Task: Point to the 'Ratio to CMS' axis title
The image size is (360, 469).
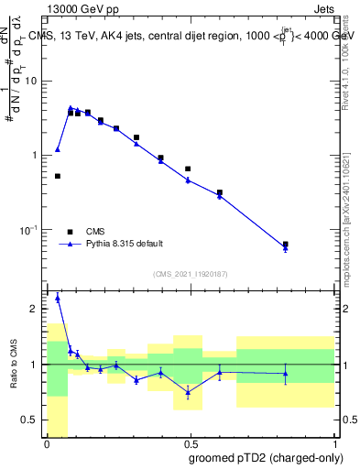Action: [x=14, y=365]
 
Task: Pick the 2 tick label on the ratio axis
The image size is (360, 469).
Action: [x=37, y=309]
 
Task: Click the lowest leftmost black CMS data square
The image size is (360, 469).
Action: [x=58, y=176]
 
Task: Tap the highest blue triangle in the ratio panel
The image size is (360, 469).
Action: [x=58, y=298]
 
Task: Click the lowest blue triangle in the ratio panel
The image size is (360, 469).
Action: [x=188, y=392]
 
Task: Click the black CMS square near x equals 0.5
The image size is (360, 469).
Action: [x=188, y=169]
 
